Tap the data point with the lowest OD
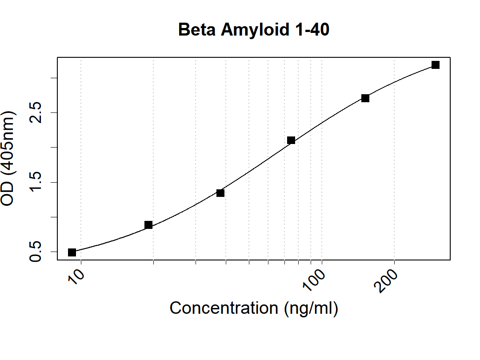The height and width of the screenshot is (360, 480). [72, 252]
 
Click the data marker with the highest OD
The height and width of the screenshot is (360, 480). [436, 65]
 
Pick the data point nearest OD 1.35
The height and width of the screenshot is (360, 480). [220, 193]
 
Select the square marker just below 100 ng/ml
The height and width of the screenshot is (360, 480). [291, 140]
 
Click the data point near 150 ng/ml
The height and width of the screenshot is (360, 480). [365, 98]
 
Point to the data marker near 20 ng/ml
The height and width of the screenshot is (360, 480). [148, 225]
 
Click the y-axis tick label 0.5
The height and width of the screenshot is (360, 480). [36, 252]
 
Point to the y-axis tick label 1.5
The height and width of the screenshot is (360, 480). [36, 182]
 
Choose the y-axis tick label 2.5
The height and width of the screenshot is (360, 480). [36, 112]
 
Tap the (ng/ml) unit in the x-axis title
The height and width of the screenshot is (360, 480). [311, 308]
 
